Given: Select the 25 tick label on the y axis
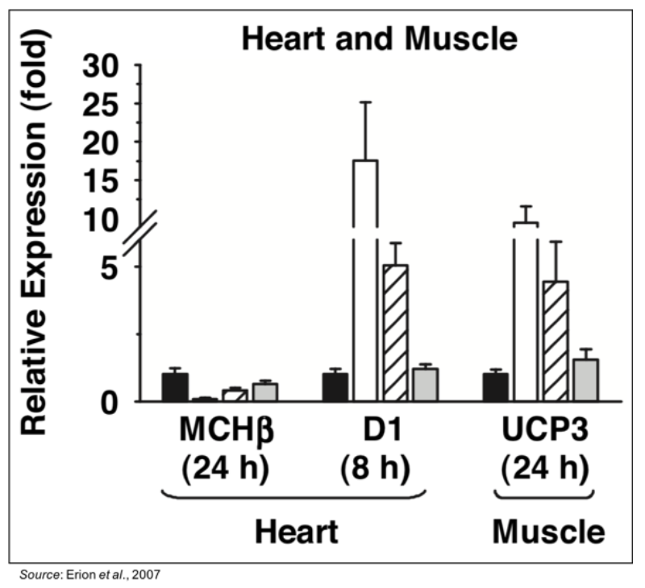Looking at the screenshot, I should (x=107, y=104).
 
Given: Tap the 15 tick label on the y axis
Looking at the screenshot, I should (x=107, y=180).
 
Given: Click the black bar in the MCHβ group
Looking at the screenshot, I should (x=175, y=387).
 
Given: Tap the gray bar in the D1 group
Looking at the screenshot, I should (x=425, y=384).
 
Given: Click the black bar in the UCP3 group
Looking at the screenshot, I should (x=495, y=387).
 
